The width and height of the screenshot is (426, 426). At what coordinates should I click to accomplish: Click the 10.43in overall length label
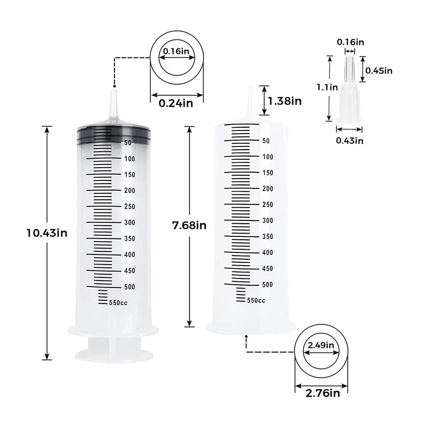[47, 233]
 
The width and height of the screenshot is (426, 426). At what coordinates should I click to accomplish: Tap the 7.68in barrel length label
[190, 225]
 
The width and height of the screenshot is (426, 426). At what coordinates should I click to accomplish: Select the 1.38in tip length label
[285, 101]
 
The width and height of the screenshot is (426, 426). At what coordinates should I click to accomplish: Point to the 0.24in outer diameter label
[176, 103]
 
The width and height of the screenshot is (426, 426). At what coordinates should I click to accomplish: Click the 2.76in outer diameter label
[323, 393]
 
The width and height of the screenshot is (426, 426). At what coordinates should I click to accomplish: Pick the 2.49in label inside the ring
[321, 345]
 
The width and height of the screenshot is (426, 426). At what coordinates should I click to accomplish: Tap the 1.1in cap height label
[327, 87]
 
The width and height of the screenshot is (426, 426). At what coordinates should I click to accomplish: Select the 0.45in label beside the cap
[379, 71]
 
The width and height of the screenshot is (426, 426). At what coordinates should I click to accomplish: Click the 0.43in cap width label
[350, 141]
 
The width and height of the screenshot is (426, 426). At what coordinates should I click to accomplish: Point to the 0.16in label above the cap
[350, 42]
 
